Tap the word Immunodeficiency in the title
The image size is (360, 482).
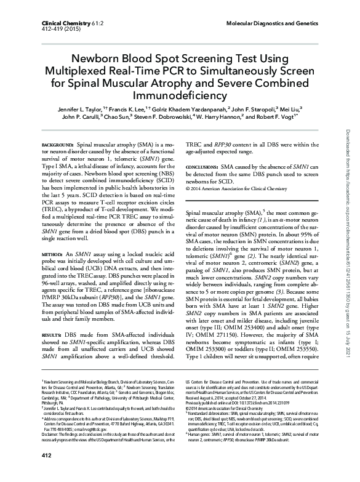pyautogui.click(x=179, y=96)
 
